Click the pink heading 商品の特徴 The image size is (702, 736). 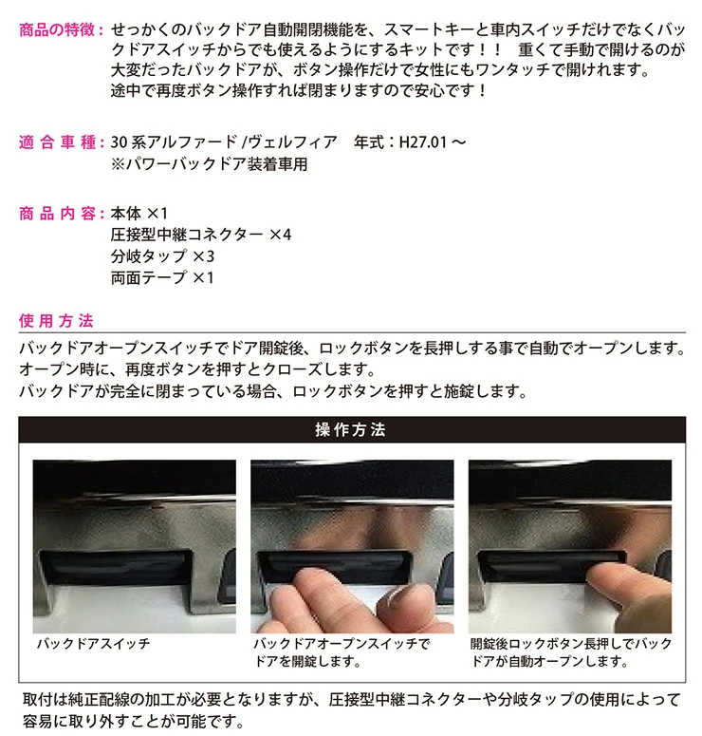(57, 30)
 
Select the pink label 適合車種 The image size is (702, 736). (57, 142)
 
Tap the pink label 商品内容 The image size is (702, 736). (57, 214)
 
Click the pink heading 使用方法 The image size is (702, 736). (56, 321)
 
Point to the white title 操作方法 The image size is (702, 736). (351, 429)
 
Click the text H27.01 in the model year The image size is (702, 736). (422, 142)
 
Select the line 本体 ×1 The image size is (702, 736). (139, 214)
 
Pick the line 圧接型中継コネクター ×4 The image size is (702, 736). (201, 235)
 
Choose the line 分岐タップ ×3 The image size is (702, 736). (162, 256)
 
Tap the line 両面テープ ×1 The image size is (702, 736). (162, 277)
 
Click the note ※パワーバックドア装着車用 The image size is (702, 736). (209, 163)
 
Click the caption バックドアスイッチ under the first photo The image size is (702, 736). (93, 644)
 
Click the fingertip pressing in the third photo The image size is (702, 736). (605, 576)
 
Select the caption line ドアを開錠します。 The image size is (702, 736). (307, 661)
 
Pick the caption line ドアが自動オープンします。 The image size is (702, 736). (549, 661)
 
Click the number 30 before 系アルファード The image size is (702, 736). (120, 142)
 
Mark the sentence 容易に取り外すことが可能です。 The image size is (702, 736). (133, 721)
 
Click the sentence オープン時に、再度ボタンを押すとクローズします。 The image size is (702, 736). (197, 369)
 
